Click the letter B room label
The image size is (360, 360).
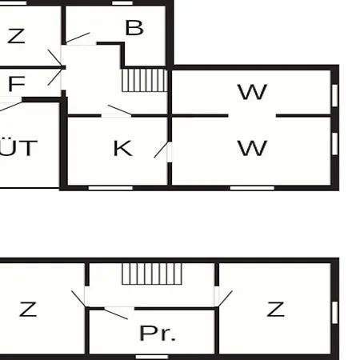pos(134,28)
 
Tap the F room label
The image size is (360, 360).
pos(17,84)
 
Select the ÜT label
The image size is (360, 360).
pos(18,148)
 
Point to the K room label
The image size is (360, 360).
pos(122,148)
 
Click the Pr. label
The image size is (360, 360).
pos(158,334)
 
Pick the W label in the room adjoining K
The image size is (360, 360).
pos(252,148)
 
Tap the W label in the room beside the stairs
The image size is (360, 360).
pos(252,92)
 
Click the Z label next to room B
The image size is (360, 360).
pos(16,36)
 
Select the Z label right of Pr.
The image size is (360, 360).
pos(276,310)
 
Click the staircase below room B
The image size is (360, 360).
pos(145,80)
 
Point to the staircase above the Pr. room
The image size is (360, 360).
pos(152,274)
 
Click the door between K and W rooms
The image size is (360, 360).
pos(162,150)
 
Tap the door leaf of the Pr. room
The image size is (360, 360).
pos(116,314)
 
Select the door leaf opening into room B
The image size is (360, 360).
pos(78,38)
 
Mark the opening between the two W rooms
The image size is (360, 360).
pos(252,116)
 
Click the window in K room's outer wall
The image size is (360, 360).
pos(110,188)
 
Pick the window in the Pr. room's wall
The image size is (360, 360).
pos(152,357)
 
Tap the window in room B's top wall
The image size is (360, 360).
pos(122,3)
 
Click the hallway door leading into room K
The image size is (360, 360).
pos(119,110)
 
